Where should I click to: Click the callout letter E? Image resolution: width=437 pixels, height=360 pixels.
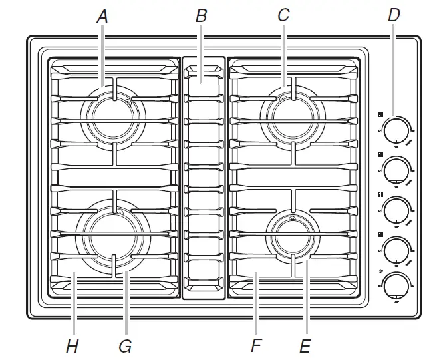tap(305, 346)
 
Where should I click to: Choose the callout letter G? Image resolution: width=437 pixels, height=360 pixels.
tap(124, 346)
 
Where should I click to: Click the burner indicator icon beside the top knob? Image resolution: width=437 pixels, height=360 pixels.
tap(380, 113)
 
